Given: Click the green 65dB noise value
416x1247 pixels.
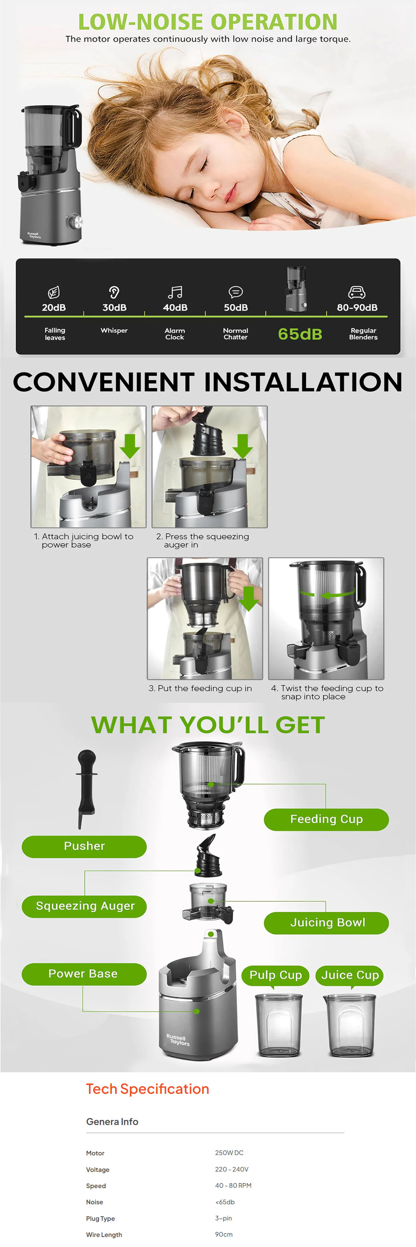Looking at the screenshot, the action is coord(300,334).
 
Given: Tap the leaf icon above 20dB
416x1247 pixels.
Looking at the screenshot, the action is coord(54,292).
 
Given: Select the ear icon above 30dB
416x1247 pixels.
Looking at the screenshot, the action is coord(114,292).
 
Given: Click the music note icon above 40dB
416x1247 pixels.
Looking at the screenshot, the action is coord(175,292).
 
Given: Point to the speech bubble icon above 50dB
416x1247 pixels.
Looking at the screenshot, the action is coord(235,292).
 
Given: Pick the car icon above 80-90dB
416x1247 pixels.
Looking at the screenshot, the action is coord(357,292).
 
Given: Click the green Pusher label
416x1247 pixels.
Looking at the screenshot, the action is coord(84,846).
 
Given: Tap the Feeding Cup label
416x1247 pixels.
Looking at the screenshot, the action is coord(326,819).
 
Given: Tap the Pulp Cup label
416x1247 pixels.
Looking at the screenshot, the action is coord(275,975).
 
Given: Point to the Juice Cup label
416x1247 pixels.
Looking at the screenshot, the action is coord(350,975).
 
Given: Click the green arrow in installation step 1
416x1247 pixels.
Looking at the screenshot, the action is coord(129,446).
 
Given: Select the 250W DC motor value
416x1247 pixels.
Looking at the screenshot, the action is coord(229,1153).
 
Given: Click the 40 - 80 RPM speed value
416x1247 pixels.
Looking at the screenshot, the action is coord(233,1185).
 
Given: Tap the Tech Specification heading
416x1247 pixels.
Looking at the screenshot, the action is coord(148,1089).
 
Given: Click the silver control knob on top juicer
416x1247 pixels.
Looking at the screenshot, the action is coord(75,222).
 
